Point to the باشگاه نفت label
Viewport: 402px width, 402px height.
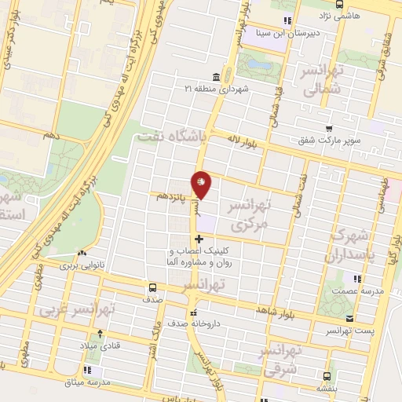point(170,137)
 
